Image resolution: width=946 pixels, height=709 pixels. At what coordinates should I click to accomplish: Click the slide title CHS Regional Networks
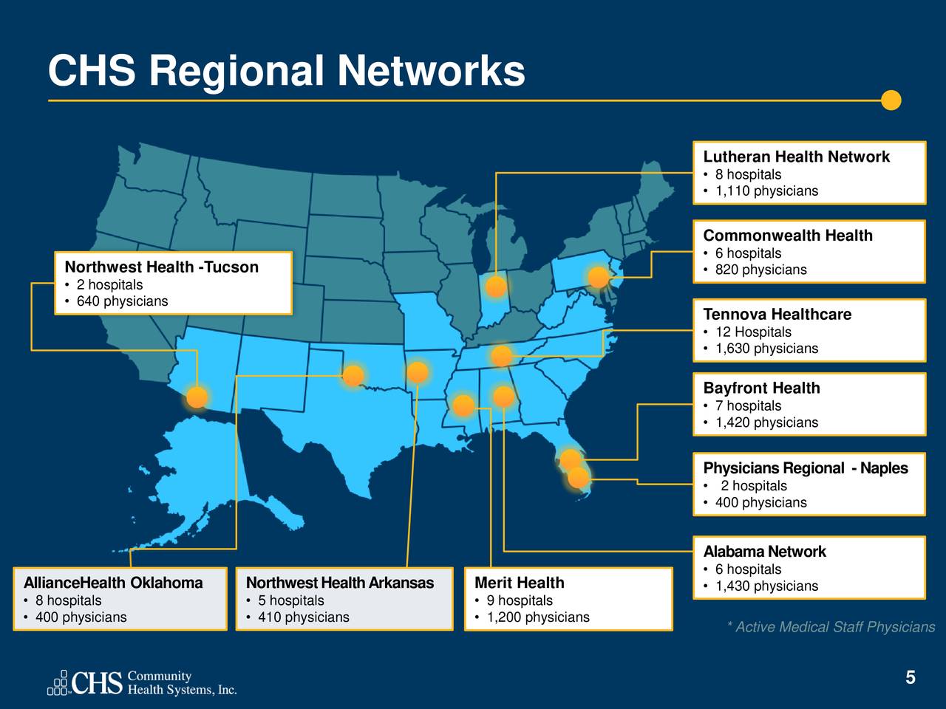286,72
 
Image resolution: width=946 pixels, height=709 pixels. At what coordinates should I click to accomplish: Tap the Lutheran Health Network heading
796,157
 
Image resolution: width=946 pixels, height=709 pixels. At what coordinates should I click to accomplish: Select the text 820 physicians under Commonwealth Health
760,270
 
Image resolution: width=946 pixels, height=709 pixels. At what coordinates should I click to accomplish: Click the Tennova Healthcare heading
777,315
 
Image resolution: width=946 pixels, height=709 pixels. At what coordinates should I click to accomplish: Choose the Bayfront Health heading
761,388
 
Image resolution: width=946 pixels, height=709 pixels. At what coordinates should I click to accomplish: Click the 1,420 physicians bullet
766,422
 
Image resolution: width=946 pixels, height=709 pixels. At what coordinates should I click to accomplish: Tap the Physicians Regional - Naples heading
805,468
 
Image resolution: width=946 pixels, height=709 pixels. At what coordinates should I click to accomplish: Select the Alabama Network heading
764,552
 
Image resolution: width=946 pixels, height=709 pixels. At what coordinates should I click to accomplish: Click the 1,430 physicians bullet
766,586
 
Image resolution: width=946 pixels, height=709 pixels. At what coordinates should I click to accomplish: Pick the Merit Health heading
519,583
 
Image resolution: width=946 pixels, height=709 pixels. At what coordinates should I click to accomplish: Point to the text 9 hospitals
519,600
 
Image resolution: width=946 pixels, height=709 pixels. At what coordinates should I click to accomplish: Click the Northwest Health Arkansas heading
339,583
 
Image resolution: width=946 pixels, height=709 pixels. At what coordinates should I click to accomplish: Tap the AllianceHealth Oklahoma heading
113,583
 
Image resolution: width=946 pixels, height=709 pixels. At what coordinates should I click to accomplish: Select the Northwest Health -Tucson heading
161,267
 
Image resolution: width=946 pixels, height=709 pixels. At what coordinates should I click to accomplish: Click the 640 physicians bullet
122,301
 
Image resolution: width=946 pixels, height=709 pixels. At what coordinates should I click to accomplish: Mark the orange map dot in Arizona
197,397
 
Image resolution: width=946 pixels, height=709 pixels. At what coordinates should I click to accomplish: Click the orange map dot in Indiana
496,287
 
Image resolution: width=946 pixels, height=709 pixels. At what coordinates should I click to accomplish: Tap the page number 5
911,678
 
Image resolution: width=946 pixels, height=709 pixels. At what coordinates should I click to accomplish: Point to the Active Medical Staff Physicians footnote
831,627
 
